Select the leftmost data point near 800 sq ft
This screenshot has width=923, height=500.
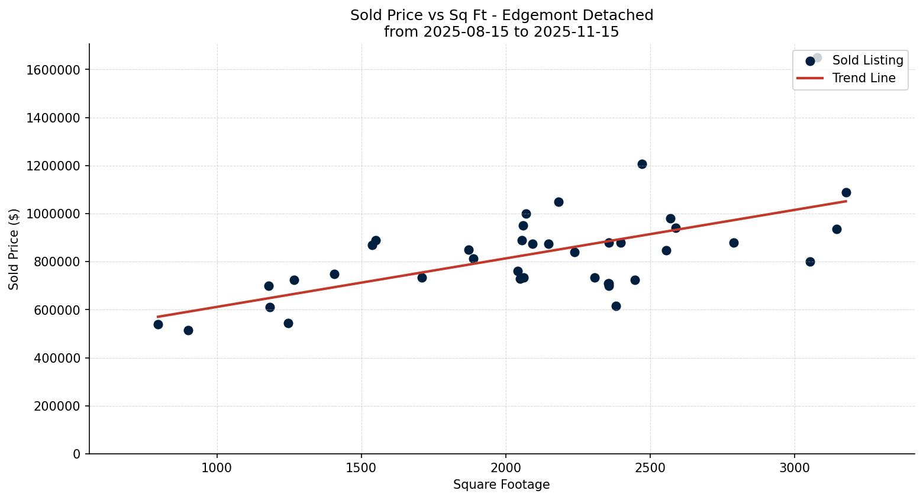pyautogui.click(x=158, y=324)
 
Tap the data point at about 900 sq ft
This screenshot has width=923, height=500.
pyautogui.click(x=188, y=330)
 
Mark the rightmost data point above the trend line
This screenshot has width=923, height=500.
pyautogui.click(x=846, y=192)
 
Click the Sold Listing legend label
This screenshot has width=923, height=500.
pyautogui.click(x=867, y=60)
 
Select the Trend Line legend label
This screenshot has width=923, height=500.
pyautogui.click(x=863, y=78)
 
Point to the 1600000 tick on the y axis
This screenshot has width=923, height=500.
pyautogui.click(x=53, y=70)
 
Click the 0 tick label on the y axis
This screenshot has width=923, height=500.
pyautogui.click(x=77, y=454)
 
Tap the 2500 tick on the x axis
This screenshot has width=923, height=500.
pyautogui.click(x=650, y=467)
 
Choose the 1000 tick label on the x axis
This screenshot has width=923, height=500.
pyautogui.click(x=217, y=467)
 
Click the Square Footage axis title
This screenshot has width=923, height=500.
pyautogui.click(x=501, y=485)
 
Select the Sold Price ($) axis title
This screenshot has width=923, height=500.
pyautogui.click(x=14, y=249)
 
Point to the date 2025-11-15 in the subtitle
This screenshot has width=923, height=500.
pyautogui.click(x=576, y=32)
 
